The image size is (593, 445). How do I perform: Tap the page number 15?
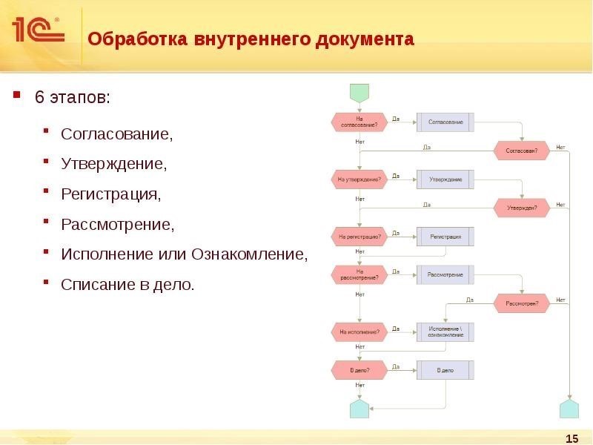571,438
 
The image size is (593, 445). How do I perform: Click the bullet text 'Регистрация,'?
110,194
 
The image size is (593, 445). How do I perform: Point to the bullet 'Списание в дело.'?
127,283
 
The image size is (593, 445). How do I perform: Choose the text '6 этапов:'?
72,98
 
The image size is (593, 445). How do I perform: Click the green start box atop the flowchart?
359,93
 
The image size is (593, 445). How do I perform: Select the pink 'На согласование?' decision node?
359,122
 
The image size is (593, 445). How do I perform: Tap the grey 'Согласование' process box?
445,122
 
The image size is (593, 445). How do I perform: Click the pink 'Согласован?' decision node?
522,151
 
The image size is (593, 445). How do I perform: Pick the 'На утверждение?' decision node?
359,179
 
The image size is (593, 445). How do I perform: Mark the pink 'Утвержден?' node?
522,208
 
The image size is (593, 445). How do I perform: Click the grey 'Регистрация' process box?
445,237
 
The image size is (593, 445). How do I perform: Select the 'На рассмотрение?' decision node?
359,274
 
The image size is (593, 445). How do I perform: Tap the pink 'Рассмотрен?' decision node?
522,303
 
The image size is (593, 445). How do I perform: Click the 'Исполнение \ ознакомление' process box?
445,332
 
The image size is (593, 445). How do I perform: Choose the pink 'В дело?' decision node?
359,369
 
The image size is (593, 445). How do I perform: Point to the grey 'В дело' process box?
445,369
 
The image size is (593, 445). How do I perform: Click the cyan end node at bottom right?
569,409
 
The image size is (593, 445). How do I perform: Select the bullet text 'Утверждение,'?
113,165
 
